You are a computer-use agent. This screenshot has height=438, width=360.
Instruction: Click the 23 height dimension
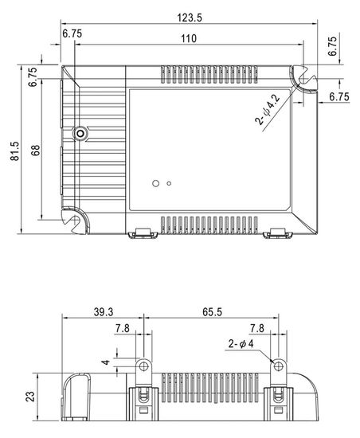(x=29, y=394)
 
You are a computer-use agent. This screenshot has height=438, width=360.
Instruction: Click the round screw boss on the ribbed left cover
(x=79, y=133)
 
